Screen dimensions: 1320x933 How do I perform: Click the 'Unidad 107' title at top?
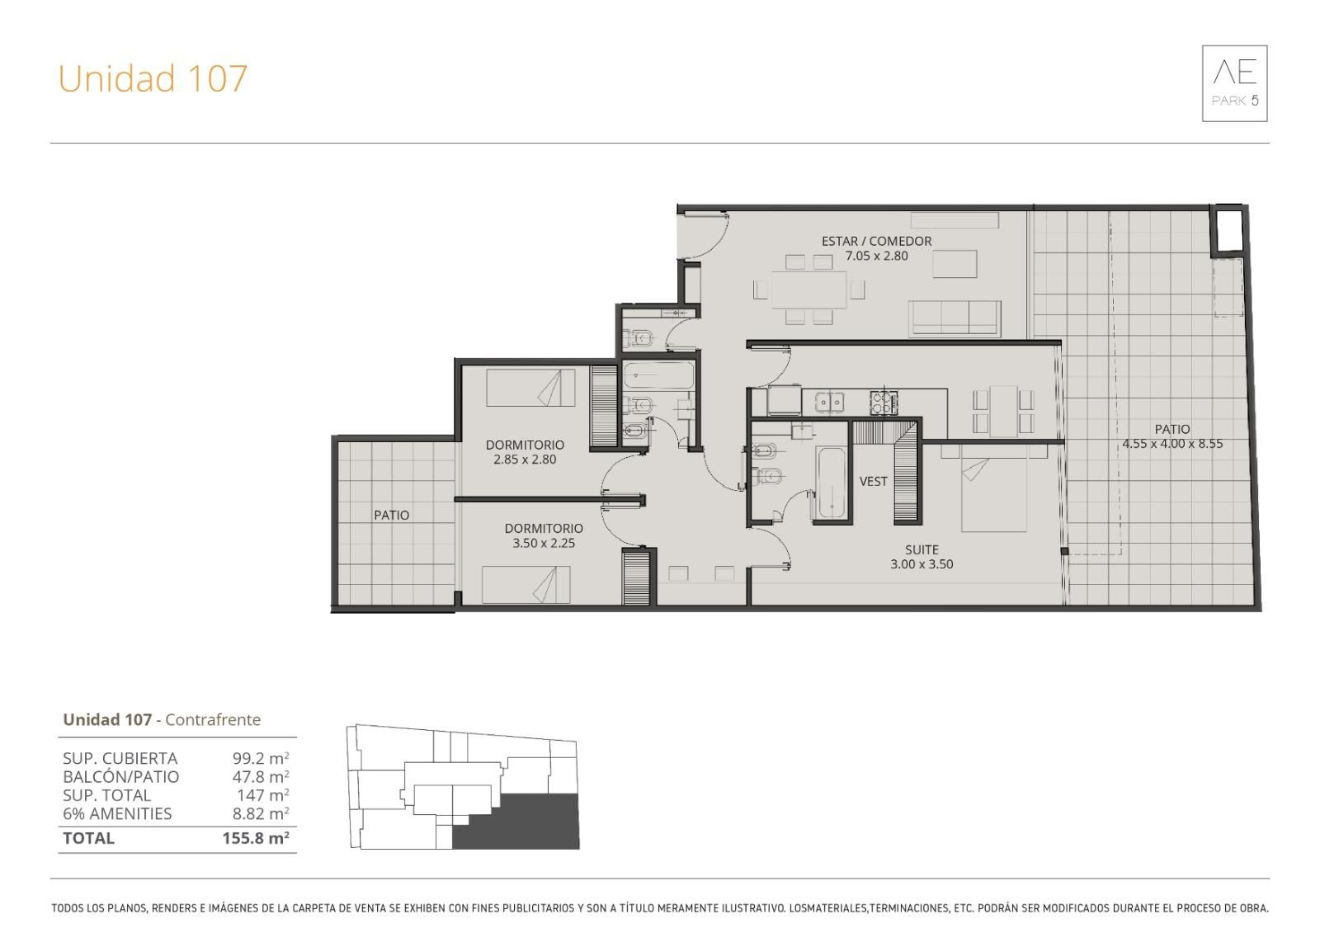tap(153, 78)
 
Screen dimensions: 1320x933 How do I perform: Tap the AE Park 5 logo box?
tap(1234, 83)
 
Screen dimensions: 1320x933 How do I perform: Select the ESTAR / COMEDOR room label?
tap(876, 241)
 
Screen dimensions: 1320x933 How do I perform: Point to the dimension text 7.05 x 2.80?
tap(876, 256)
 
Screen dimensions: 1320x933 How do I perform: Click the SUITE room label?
tap(922, 550)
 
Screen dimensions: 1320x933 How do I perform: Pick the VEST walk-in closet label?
tap(873, 482)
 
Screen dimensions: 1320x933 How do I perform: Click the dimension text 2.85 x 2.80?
tap(525, 459)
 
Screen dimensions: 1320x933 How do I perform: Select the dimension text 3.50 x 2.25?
tap(544, 544)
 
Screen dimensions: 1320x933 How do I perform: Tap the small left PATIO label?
tap(391, 515)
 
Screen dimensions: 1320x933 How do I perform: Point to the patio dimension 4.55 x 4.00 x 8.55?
tap(1172, 444)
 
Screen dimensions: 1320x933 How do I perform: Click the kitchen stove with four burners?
tap(884, 403)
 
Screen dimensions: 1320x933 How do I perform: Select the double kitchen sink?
tap(830, 402)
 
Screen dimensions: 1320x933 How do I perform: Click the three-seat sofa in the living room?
tap(954, 319)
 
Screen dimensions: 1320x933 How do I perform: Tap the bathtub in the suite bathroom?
tap(831, 483)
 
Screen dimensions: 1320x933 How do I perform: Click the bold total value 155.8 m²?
tap(256, 838)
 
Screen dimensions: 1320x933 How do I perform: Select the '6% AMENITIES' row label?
tap(117, 814)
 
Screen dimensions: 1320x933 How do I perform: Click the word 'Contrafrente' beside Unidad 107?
tap(213, 719)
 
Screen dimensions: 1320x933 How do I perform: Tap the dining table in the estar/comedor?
tap(808, 290)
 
